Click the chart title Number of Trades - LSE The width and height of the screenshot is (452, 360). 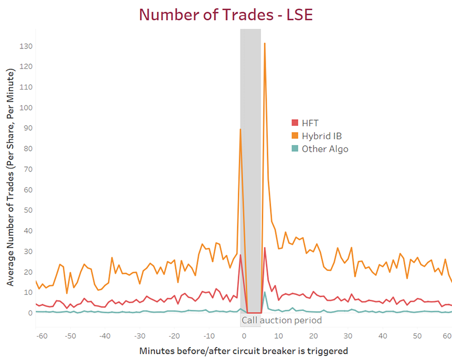click(226, 14)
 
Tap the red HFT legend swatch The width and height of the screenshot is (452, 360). click(295, 123)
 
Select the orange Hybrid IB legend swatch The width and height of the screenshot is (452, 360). click(295, 136)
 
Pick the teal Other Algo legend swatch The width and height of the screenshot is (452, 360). click(295, 149)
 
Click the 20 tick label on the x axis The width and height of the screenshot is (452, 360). click(313, 336)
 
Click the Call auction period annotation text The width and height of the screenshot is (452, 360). click(282, 320)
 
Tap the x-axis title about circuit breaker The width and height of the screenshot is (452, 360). click(244, 351)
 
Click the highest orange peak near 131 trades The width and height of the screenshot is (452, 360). click(264, 43)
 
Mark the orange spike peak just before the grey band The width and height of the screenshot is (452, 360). click(240, 129)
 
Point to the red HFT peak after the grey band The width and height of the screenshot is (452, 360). click(265, 248)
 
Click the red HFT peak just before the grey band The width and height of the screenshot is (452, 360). click(240, 255)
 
